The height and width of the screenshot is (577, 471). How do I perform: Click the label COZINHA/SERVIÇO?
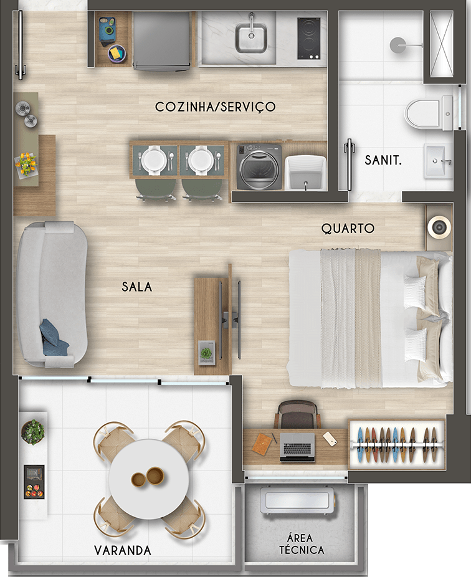216,107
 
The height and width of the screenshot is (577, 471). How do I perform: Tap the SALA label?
137,287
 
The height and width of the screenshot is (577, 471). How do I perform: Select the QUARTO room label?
348,229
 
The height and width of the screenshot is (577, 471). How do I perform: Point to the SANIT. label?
383,160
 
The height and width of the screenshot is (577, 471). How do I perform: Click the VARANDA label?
123,550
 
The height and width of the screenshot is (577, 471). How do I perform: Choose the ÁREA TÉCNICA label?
302,544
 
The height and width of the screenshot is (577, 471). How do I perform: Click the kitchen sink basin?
251,37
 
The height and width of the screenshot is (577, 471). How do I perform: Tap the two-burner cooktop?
309,38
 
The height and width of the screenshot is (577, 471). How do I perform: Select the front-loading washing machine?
259,167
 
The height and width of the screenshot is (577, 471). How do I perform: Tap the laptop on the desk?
297,447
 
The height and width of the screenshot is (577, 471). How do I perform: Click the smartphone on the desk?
330,439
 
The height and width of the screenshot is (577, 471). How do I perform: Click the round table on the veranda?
149,478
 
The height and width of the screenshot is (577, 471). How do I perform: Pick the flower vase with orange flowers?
26,163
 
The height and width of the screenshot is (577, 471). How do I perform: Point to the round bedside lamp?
439,228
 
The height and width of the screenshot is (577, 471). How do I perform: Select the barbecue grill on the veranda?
34,482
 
